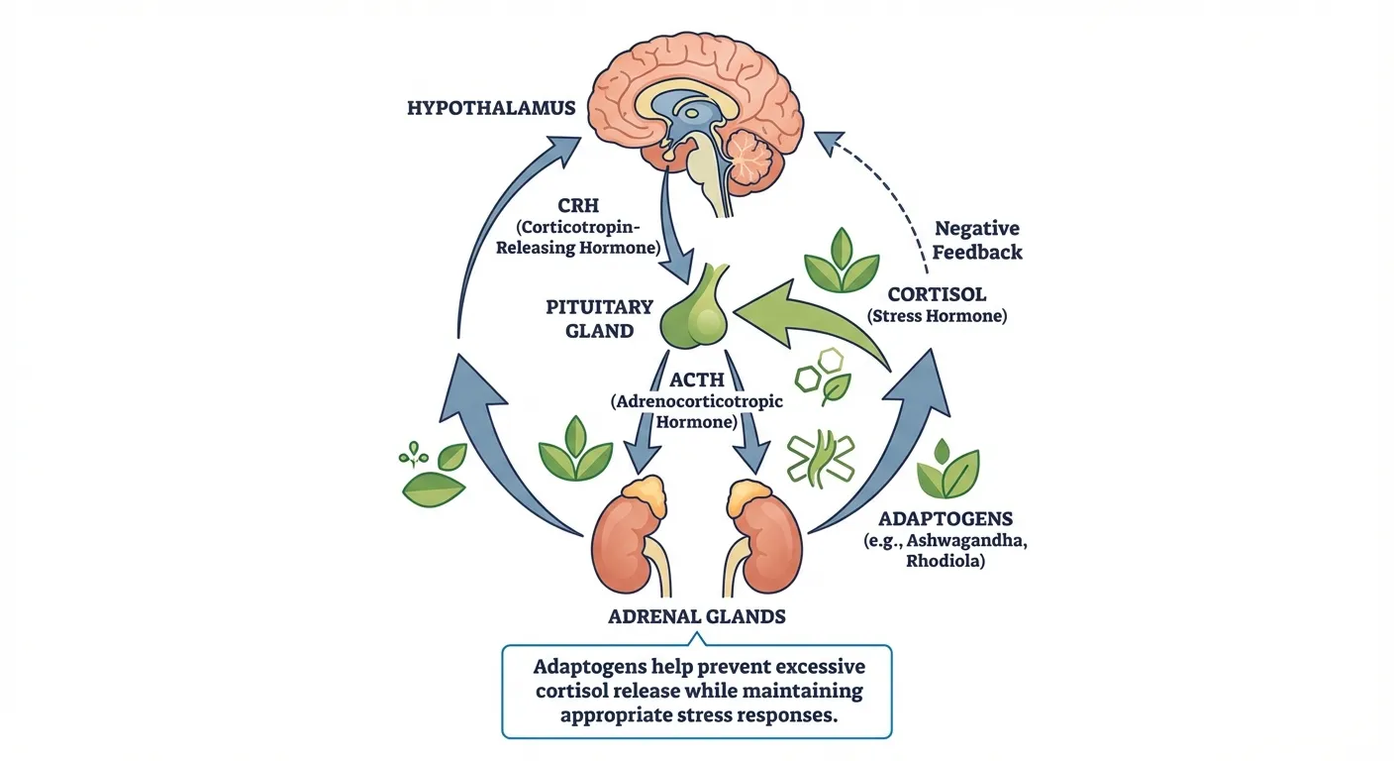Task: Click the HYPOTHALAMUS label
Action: click(x=491, y=107)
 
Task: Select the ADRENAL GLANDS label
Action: click(x=696, y=616)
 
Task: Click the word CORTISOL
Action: click(x=936, y=294)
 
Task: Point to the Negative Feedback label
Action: click(x=978, y=240)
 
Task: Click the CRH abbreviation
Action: click(x=576, y=205)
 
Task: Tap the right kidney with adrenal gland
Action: click(x=761, y=531)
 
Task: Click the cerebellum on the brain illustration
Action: click(x=758, y=159)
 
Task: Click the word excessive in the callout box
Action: click(x=813, y=666)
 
